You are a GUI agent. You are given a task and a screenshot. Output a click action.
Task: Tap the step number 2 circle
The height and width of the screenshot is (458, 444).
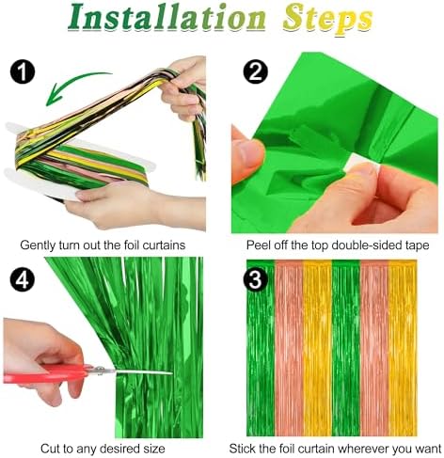tap(254, 71)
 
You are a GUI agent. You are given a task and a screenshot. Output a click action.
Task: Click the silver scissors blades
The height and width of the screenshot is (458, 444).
tap(132, 372)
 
